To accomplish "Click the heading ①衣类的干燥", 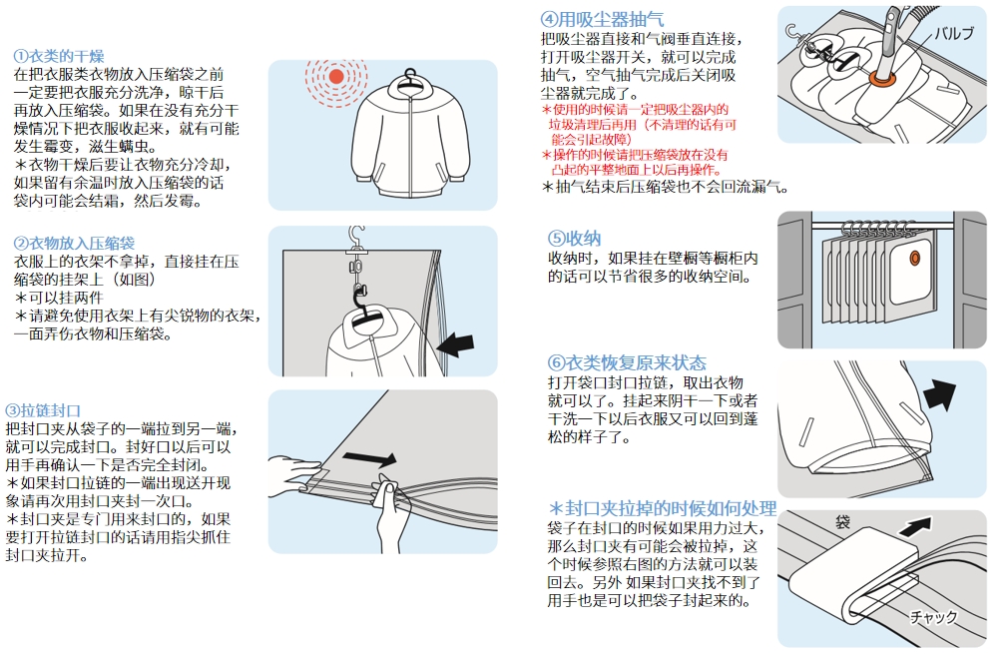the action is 58,56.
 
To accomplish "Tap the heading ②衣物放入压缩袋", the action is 74,244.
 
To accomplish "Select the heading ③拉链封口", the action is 43,410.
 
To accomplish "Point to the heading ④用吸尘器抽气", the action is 602,19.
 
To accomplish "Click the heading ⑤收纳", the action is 574,238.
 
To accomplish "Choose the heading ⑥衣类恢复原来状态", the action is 627,362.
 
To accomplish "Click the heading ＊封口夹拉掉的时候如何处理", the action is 663,508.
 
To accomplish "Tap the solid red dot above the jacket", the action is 336,77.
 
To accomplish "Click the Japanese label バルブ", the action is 954,34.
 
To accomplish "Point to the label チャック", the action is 933,616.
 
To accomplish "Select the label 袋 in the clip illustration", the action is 842,522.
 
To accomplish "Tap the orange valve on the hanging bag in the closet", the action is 914,258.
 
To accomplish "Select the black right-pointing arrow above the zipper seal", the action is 370,457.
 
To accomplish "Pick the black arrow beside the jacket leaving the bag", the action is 940,395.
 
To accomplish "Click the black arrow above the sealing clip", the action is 915,526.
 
